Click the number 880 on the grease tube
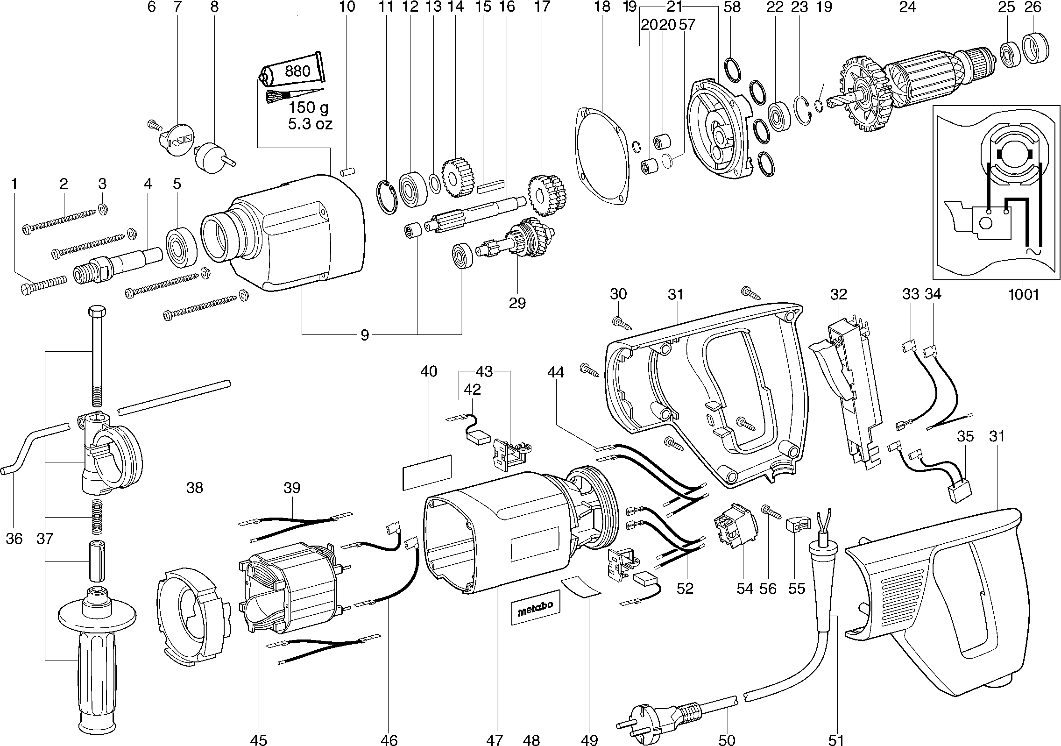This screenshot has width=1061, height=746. [x=297, y=71]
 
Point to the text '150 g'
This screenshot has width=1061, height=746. [x=308, y=108]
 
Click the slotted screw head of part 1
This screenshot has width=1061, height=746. [x=27, y=289]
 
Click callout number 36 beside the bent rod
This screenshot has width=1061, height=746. [x=14, y=538]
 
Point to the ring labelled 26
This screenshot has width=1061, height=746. [x=1035, y=48]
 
